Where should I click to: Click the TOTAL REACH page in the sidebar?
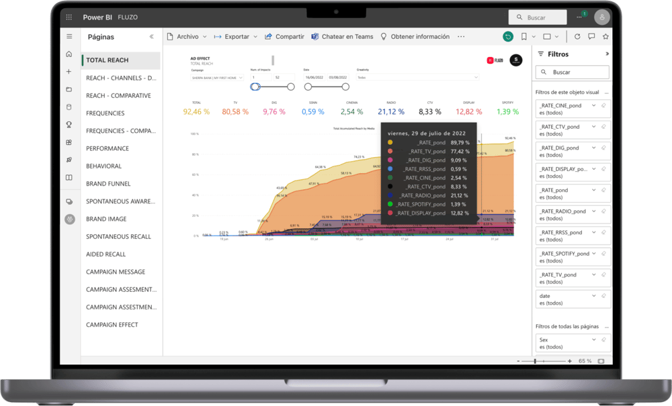pyautogui.click(x=108, y=60)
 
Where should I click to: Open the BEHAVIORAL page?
pyautogui.click(x=103, y=166)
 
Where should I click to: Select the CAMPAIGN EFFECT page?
pyautogui.click(x=112, y=325)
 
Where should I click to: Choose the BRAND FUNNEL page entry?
pyautogui.click(x=108, y=184)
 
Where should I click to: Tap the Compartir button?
pyautogui.click(x=284, y=37)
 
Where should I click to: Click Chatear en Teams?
pyautogui.click(x=342, y=37)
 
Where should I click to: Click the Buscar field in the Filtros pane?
pyautogui.click(x=572, y=72)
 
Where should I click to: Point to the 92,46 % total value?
pyautogui.click(x=196, y=112)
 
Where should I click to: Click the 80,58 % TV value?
pyautogui.click(x=235, y=112)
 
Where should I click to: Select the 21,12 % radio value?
pyautogui.click(x=391, y=112)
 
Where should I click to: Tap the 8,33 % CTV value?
pyautogui.click(x=430, y=112)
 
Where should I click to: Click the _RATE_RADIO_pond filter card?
pyautogui.click(x=572, y=215)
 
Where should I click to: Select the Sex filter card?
pyautogui.click(x=572, y=343)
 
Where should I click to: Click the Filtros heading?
pyautogui.click(x=558, y=54)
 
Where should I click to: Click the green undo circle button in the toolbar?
pyautogui.click(x=507, y=37)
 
